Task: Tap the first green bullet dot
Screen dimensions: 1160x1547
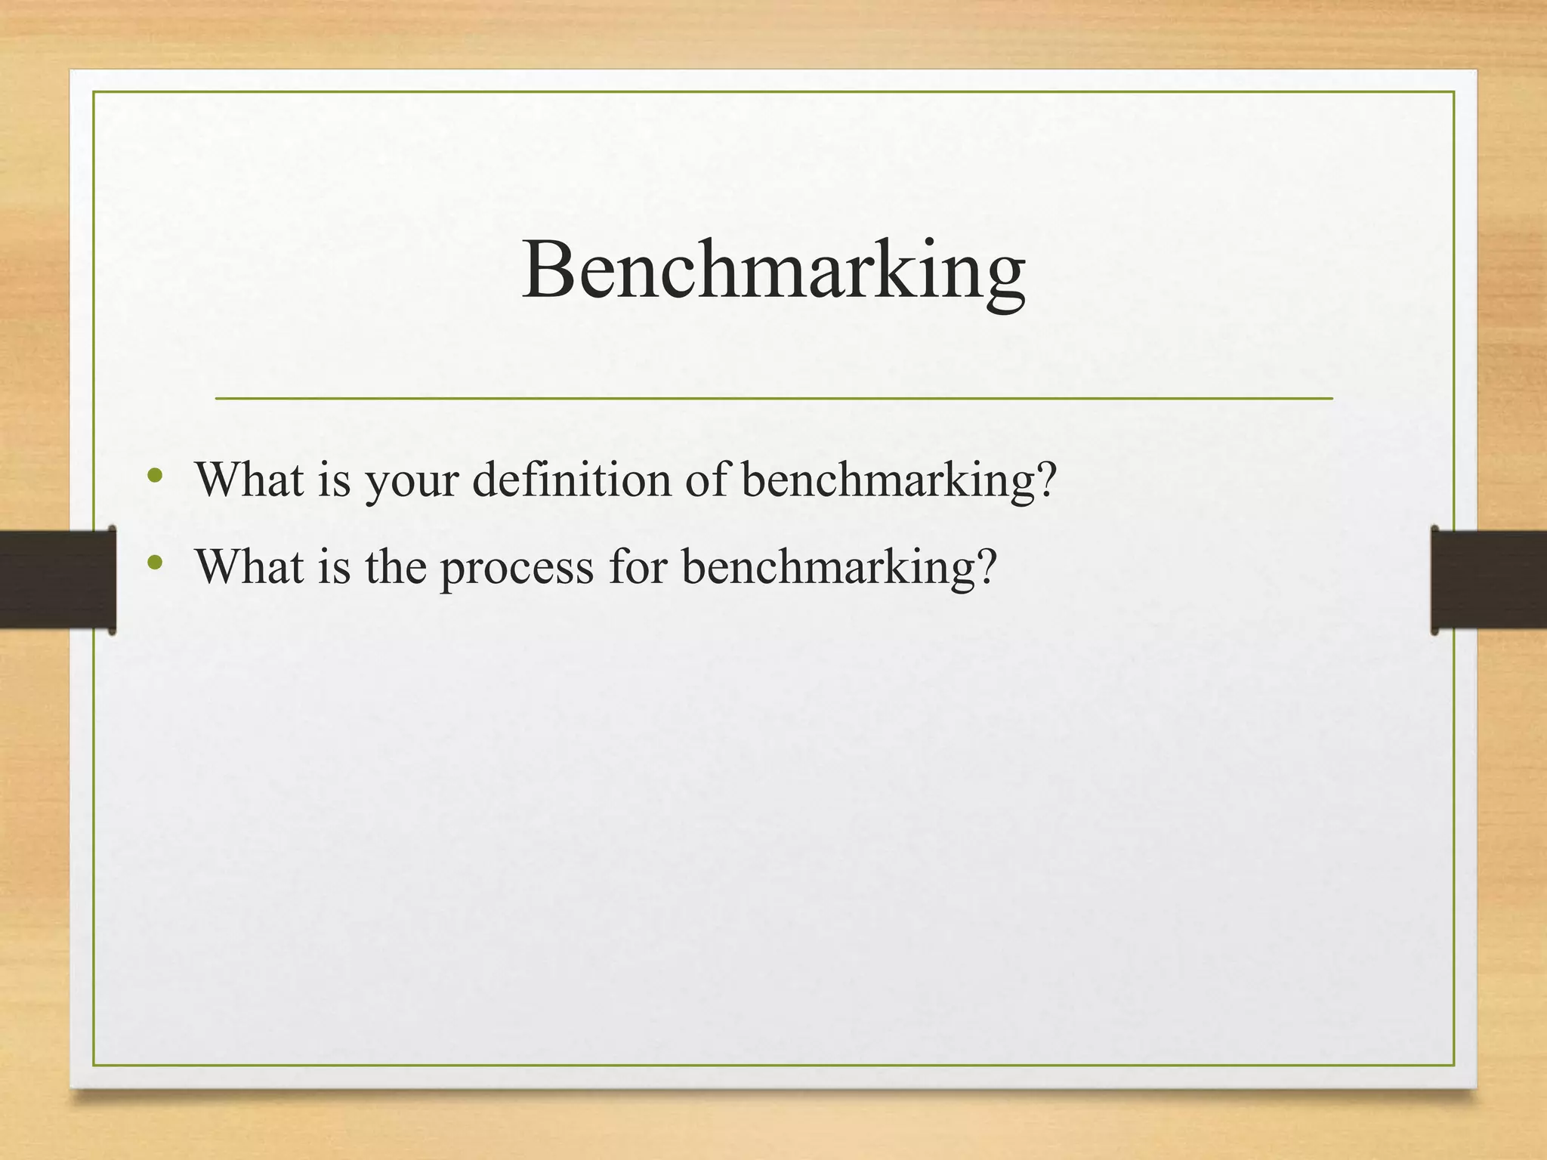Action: [156, 476]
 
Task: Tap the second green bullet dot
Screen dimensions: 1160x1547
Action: [156, 562]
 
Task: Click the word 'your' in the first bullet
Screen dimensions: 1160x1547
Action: [412, 481]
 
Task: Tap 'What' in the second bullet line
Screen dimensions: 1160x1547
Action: [249, 566]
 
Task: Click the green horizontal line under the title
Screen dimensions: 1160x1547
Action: [773, 398]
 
